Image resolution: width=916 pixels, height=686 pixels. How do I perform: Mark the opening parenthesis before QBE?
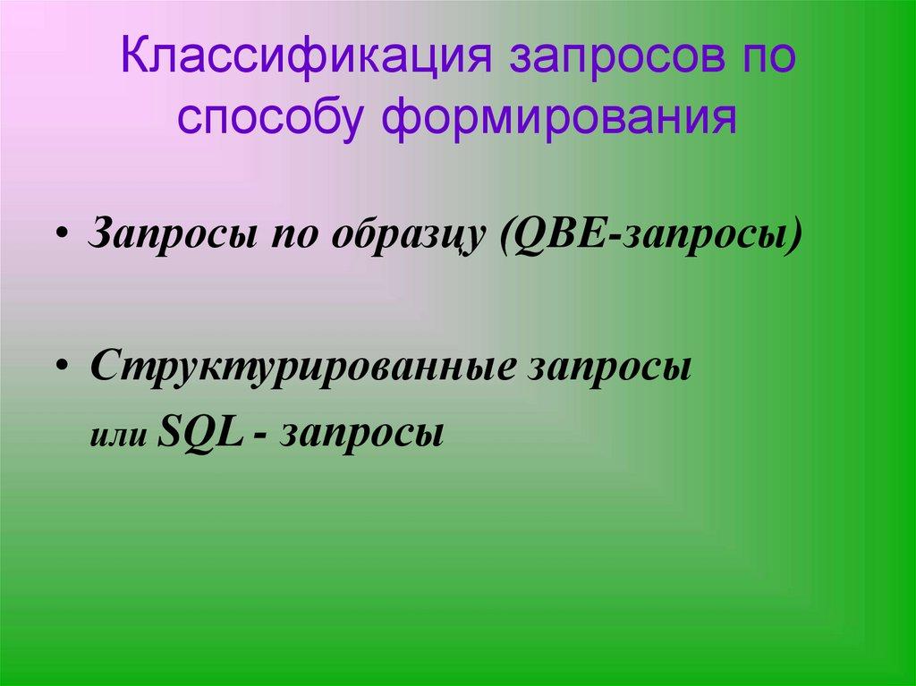pos(508,234)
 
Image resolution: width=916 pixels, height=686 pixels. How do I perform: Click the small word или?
pos(117,436)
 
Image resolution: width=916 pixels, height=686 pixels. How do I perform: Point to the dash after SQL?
pos(260,436)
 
